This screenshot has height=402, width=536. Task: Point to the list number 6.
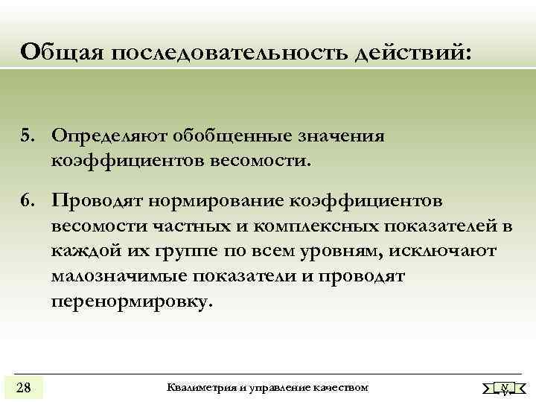[28, 202]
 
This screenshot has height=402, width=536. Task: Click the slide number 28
[23, 386]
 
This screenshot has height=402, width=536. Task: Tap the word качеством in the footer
[339, 388]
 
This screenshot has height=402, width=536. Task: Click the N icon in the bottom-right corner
[505, 388]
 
